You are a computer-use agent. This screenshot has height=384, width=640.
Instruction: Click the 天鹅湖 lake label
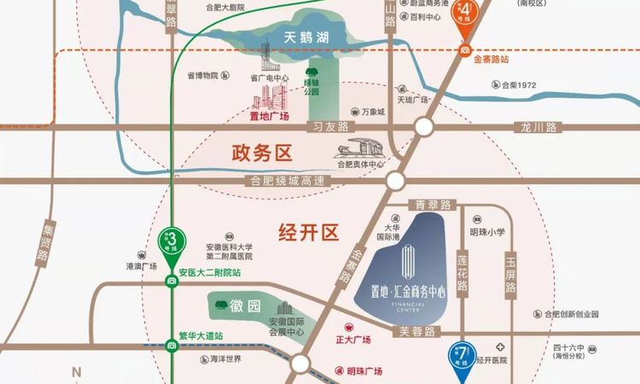306,37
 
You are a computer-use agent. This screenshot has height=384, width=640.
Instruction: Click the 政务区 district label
262,154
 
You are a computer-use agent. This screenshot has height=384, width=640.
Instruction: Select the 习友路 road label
331,127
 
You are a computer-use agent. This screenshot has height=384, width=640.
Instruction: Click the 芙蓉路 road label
416,330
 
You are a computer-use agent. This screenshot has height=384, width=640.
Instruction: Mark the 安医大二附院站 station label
209,274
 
